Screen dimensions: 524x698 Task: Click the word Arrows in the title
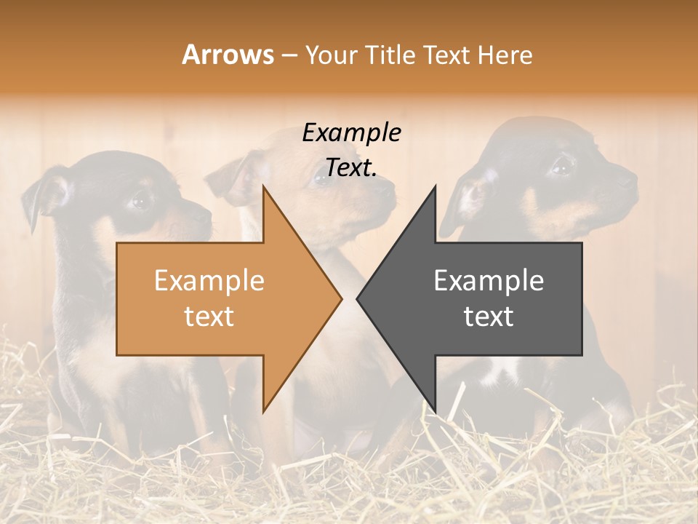click(x=228, y=55)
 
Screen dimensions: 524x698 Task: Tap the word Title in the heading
click(x=390, y=55)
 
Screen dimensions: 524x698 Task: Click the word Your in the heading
click(x=331, y=55)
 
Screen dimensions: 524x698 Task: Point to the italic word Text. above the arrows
click(x=351, y=168)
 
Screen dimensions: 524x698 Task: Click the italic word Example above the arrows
click(x=351, y=133)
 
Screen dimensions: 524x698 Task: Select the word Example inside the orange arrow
click(x=209, y=281)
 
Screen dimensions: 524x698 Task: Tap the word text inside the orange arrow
click(x=209, y=317)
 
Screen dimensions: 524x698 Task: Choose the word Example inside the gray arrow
click(x=489, y=281)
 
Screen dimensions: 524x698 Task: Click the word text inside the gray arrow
click(x=489, y=317)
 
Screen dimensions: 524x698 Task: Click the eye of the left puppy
click(x=140, y=198)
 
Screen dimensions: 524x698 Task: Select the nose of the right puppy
click(x=629, y=178)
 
